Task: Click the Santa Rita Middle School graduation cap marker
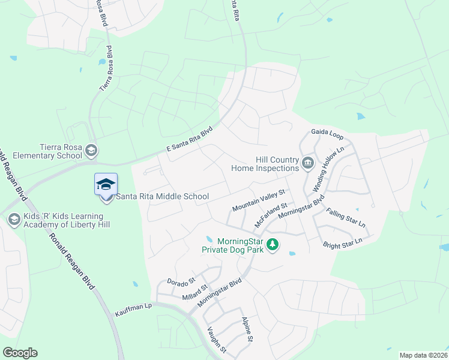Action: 106,185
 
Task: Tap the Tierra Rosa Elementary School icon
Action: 91,149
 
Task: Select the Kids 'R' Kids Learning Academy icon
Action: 14,220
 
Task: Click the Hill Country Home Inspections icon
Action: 308,163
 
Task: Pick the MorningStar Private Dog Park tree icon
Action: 273,245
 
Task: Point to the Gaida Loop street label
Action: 327,133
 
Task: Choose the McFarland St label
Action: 271,214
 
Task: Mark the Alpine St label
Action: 247,329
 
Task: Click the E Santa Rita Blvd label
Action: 189,141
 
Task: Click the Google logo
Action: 20,353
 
